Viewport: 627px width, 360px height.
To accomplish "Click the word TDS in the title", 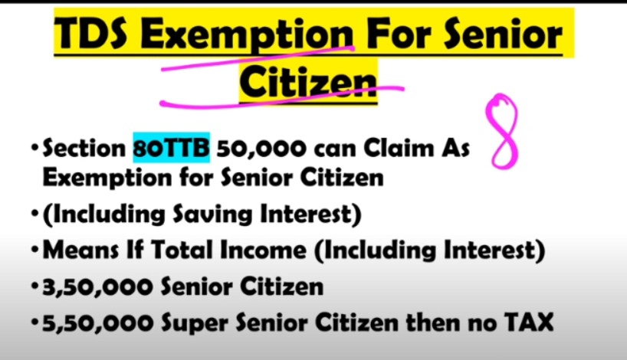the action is [90, 34].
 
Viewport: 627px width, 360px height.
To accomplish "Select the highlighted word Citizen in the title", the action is [308, 83].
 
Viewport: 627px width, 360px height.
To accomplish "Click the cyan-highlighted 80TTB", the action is [171, 148].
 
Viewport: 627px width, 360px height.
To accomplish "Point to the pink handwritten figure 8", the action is [502, 132].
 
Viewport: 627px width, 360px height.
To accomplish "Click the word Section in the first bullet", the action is [84, 148].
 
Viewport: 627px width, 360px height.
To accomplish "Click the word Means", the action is [80, 250].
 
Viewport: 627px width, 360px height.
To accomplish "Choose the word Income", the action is [263, 250].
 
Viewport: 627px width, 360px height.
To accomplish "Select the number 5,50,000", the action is [97, 323].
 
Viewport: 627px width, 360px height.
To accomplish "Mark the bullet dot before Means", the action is [35, 250].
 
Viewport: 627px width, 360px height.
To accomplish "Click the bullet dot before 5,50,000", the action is [35, 322].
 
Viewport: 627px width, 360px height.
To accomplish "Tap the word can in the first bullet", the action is [335, 149].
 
